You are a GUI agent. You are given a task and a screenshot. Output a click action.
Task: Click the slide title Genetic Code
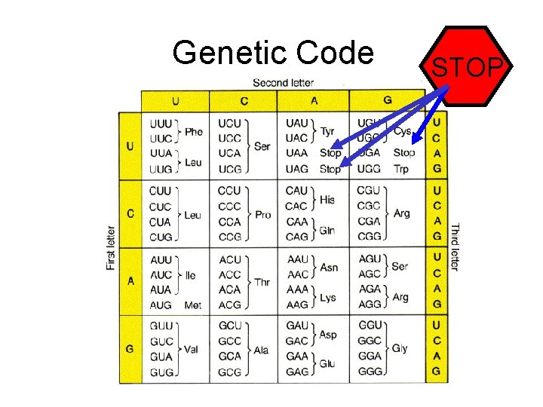[272, 53]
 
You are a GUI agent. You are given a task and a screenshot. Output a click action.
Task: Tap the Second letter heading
[283, 82]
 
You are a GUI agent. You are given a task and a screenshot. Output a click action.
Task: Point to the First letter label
[111, 248]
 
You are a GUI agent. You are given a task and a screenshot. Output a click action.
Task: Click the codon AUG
[161, 305]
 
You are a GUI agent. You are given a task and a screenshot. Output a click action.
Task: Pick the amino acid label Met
[193, 305]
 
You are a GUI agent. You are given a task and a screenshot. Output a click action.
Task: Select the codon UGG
[369, 169]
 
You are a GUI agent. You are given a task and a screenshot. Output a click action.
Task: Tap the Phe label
[194, 131]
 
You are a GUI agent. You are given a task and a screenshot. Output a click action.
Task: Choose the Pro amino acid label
[262, 215]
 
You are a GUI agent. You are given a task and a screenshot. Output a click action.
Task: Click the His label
[327, 200]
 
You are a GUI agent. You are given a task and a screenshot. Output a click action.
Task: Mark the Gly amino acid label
[400, 349]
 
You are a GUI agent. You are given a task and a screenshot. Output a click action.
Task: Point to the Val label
[191, 350]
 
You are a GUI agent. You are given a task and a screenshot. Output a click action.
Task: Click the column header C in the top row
[243, 100]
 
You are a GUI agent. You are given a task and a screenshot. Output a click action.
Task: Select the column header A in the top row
[312, 100]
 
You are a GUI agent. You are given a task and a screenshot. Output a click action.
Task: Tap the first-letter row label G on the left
[130, 349]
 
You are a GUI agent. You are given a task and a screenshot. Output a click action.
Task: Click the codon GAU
[297, 326]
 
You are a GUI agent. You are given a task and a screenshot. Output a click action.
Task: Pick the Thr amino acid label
[262, 282]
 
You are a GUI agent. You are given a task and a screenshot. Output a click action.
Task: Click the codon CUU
[161, 191]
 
